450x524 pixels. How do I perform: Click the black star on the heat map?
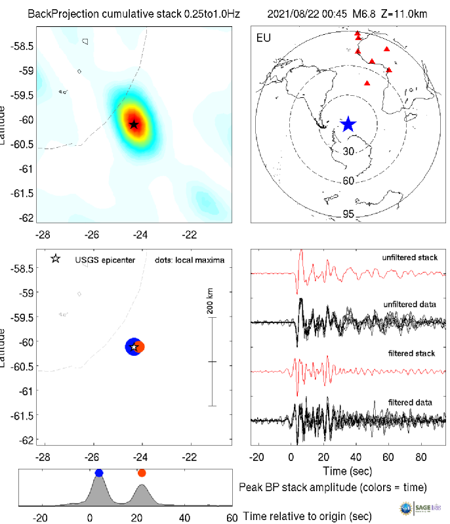pos(134,124)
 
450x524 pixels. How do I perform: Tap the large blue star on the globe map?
pos(348,124)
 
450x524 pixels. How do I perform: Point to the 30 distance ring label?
pos(349,151)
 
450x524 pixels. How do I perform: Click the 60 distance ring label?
pos(349,181)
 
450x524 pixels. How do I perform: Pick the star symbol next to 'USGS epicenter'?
pos(56,259)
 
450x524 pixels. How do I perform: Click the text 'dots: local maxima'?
pos(190,260)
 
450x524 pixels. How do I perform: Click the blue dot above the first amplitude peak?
pos(99,473)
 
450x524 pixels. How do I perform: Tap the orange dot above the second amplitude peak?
pos(142,473)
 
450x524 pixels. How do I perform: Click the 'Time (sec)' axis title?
pos(348,471)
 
